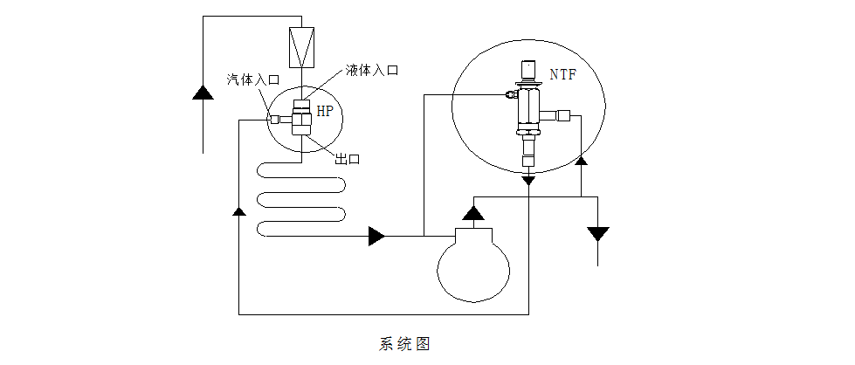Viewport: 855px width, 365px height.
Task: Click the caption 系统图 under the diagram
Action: [404, 343]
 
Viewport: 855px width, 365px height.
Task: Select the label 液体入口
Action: [371, 70]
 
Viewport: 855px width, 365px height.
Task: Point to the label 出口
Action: [348, 159]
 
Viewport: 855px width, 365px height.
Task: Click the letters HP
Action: [324, 111]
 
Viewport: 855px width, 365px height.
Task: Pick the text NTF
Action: [563, 75]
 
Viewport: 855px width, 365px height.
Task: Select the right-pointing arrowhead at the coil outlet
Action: [377, 236]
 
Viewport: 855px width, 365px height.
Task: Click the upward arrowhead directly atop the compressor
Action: [472, 211]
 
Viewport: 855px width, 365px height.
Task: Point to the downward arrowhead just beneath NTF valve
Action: [528, 180]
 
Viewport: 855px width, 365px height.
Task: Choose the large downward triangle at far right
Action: [598, 234]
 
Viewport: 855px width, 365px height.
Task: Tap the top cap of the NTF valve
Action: [528, 70]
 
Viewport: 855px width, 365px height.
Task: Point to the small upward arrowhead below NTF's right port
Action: [582, 161]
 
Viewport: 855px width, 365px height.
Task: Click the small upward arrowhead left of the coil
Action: [238, 211]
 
